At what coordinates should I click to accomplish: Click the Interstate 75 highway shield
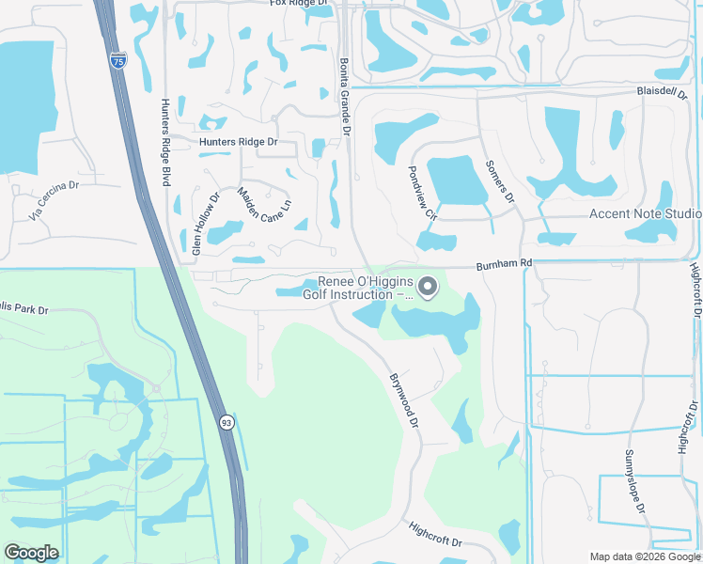pyautogui.click(x=117, y=60)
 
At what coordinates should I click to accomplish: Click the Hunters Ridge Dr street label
pyautogui.click(x=239, y=142)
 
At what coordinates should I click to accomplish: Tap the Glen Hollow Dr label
pyautogui.click(x=206, y=224)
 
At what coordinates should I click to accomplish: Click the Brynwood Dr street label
pyautogui.click(x=403, y=400)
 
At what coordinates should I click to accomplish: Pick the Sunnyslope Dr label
pyautogui.click(x=635, y=482)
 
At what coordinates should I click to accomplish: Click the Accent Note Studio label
pyautogui.click(x=645, y=213)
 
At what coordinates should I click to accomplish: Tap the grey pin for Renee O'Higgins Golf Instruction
pyautogui.click(x=428, y=285)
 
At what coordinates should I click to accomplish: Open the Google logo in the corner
pyautogui.click(x=31, y=553)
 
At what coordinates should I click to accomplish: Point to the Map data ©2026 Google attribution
pyautogui.click(x=644, y=556)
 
